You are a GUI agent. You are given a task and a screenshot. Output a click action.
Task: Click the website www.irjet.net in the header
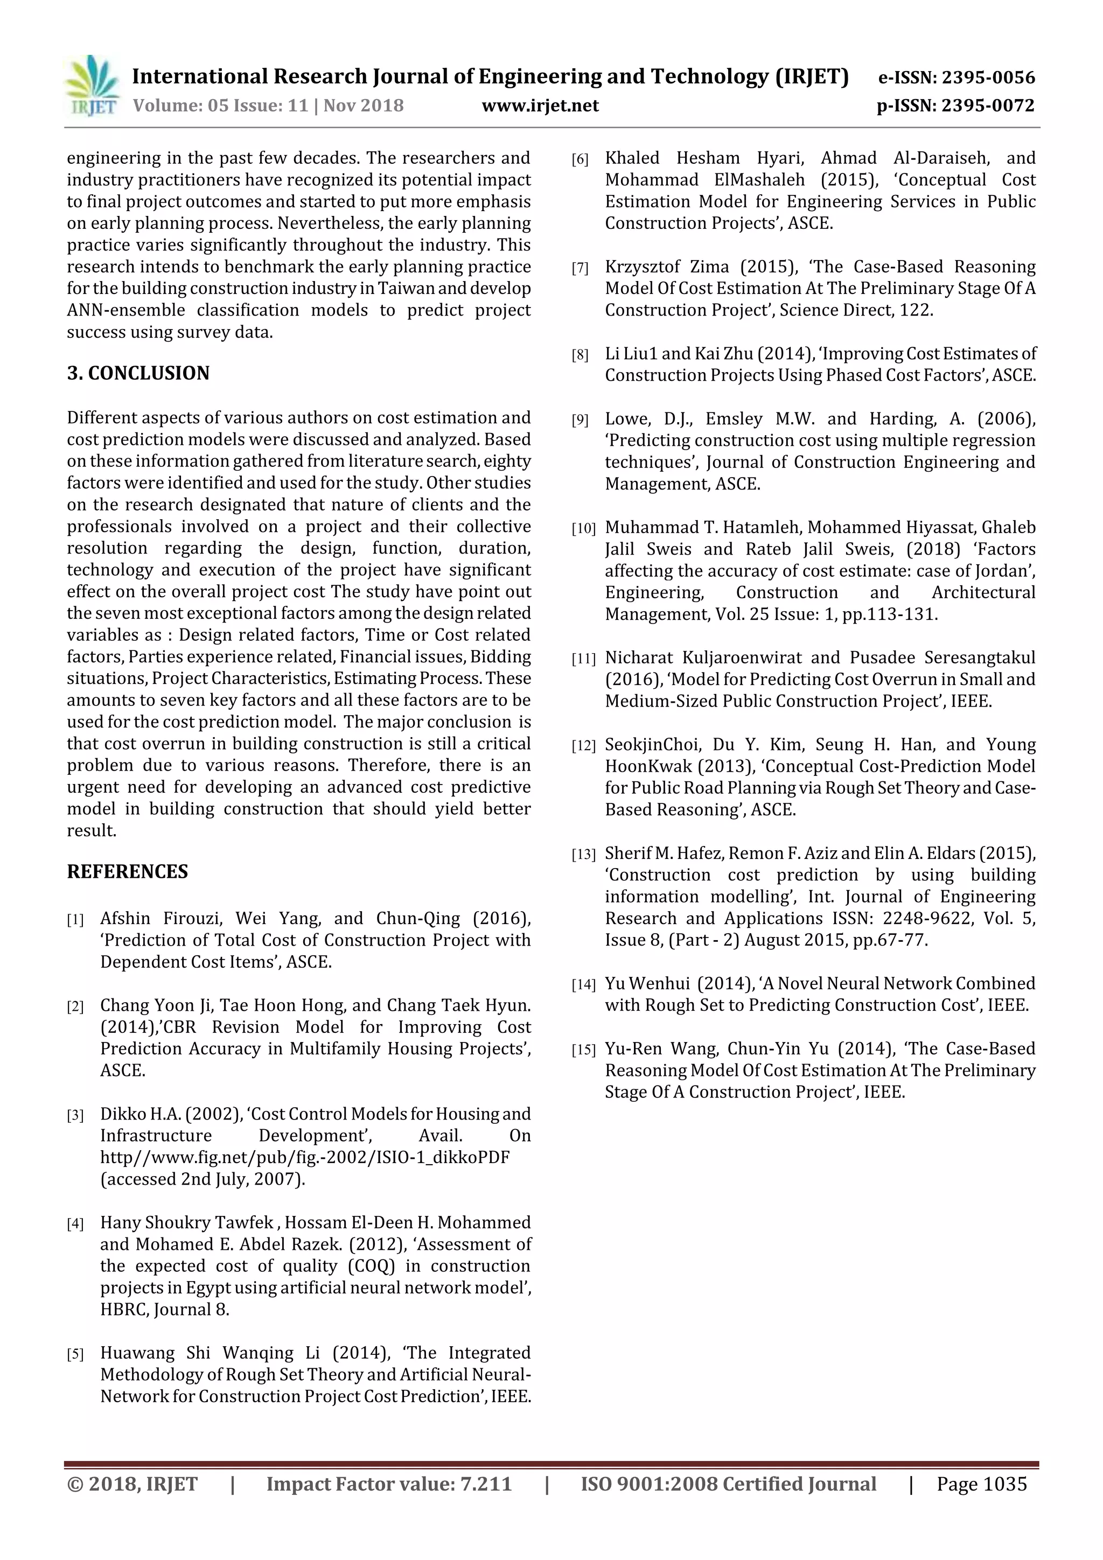click(x=540, y=106)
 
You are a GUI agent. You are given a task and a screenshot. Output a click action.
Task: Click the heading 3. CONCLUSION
click(x=138, y=373)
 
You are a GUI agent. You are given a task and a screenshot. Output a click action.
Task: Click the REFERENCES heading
click(x=127, y=872)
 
